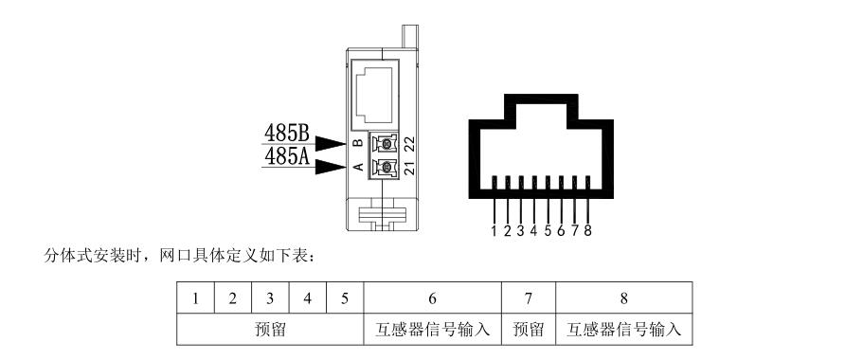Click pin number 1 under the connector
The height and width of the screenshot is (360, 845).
494,230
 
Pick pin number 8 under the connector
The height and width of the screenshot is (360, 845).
588,230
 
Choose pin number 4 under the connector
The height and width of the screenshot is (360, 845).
534,230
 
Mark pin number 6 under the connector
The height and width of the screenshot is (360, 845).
562,230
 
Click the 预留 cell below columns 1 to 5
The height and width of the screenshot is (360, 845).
271,330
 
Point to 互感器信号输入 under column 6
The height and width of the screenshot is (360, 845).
432,330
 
